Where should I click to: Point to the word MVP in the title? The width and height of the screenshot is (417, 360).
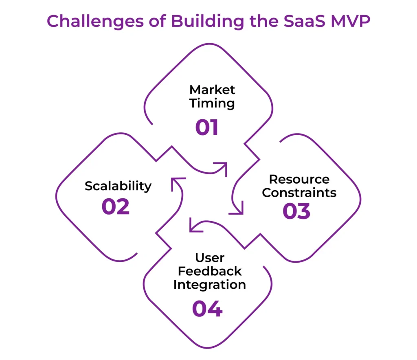349,22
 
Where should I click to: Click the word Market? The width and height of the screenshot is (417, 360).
212,90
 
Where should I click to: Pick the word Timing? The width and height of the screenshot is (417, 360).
212,103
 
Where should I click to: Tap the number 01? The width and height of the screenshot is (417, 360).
207,127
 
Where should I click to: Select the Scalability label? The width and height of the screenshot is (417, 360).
118,186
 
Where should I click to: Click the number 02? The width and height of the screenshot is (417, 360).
116,206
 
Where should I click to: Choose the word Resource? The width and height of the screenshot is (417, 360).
299,179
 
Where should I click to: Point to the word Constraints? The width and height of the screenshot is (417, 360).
299,192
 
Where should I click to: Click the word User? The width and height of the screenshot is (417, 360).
210,258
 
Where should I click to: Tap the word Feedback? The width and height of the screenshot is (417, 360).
210,271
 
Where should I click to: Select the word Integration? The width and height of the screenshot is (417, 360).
210,284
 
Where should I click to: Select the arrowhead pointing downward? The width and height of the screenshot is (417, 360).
237,209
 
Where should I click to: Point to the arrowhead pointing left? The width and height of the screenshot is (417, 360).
195,226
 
